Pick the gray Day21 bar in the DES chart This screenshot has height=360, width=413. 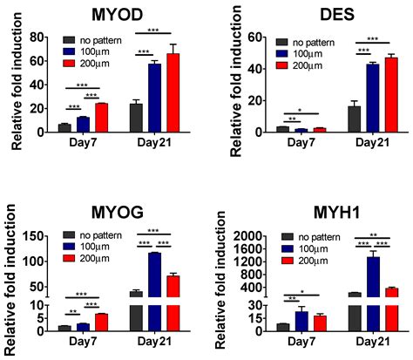coord(354,119)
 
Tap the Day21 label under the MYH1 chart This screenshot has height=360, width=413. coord(373,342)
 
